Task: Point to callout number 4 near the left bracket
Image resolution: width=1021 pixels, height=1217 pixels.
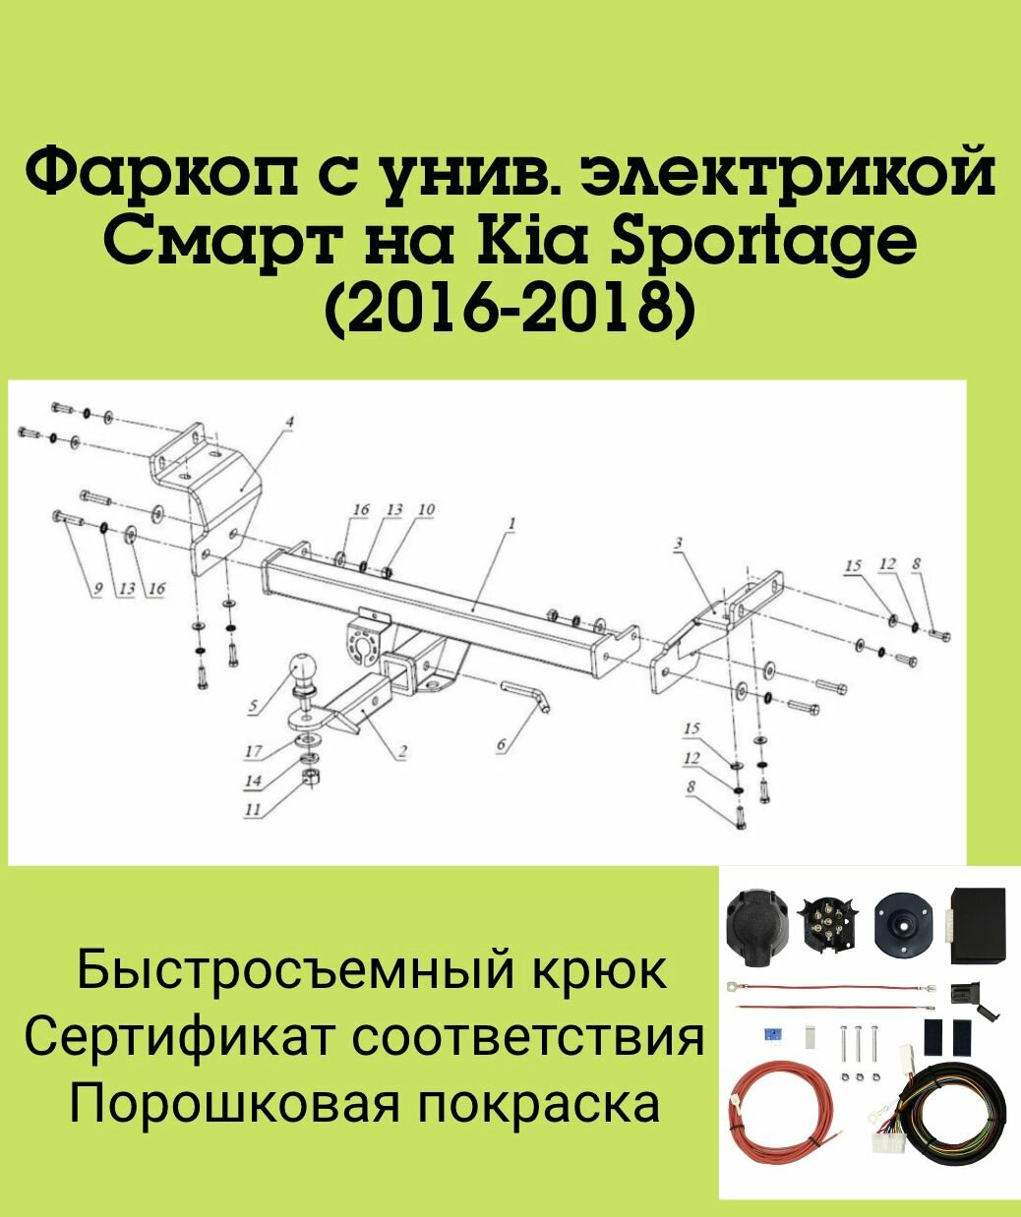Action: pos(289,423)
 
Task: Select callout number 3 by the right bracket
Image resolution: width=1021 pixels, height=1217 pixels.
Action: pos(678,542)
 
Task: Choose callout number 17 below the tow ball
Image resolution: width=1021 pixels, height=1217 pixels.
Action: pos(253,752)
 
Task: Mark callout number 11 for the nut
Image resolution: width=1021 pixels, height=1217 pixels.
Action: pos(253,811)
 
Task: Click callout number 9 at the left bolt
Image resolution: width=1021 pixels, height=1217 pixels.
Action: pos(96,588)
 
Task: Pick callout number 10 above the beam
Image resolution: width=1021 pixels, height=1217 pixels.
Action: pos(426,510)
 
